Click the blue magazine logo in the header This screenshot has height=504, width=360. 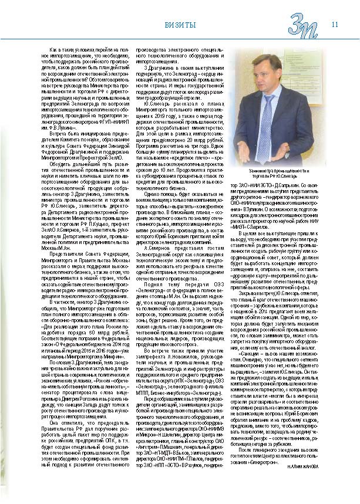[304, 26]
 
